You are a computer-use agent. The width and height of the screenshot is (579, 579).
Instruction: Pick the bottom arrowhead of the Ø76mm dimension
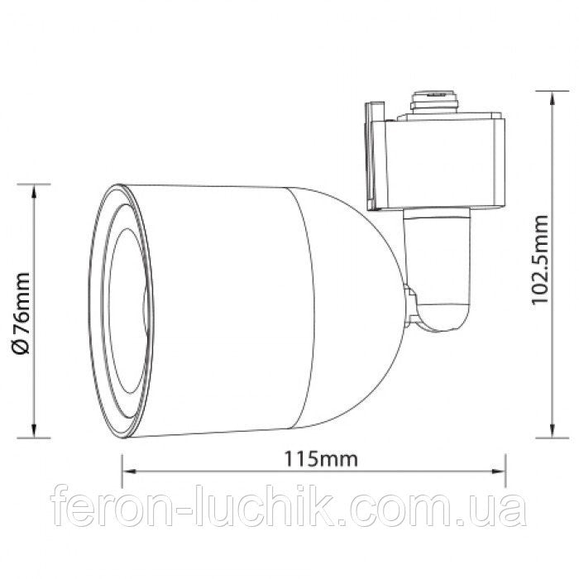[35, 435]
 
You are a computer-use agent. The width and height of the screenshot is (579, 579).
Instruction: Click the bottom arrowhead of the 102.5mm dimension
[552, 434]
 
